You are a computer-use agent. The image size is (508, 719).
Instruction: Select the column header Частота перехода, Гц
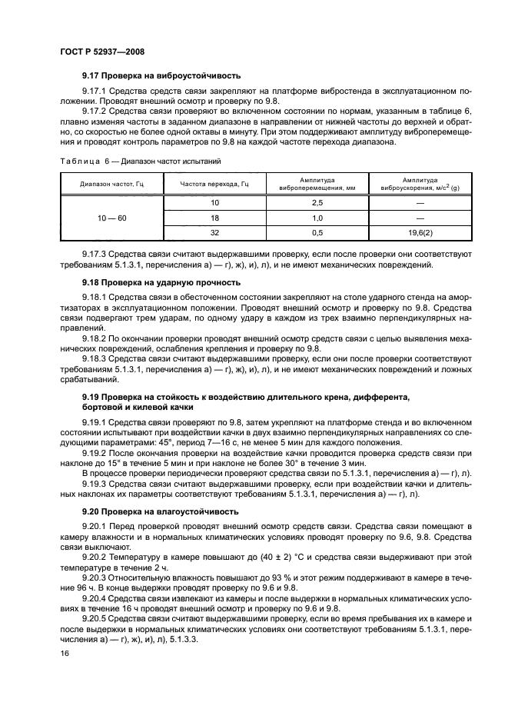[214, 185]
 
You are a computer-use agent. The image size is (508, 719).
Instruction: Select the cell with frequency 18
[214, 218]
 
